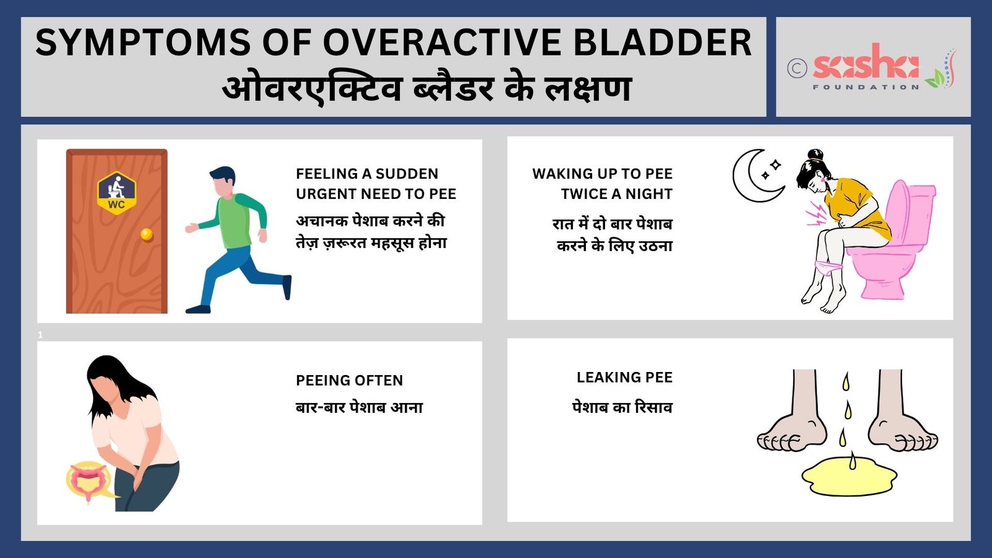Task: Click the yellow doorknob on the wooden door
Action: (x=146, y=234)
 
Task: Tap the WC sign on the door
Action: (x=117, y=193)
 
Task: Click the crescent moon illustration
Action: (x=755, y=176)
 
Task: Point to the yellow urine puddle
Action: (x=849, y=477)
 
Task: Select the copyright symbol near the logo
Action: (x=797, y=69)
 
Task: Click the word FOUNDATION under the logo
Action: (x=866, y=87)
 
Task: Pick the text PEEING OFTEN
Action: (x=350, y=381)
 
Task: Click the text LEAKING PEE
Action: (x=624, y=378)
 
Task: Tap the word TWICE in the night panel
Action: (x=583, y=194)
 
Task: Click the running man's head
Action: (x=223, y=181)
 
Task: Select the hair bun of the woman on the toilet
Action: (x=815, y=155)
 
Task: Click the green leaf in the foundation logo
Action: (x=935, y=78)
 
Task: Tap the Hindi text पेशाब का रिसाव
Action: (x=622, y=407)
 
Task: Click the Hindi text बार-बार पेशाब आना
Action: (x=359, y=407)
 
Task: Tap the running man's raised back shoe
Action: (x=287, y=287)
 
